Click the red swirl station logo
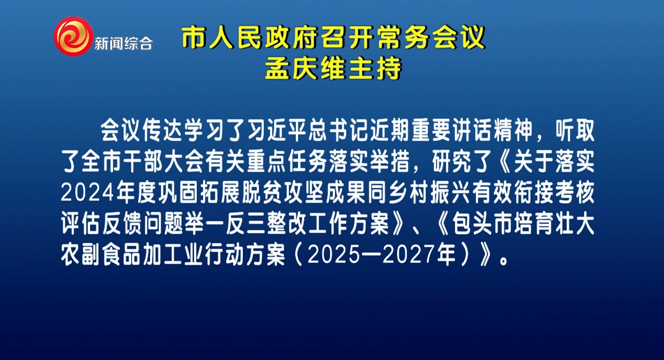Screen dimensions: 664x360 pyautogui.click(x=73, y=36)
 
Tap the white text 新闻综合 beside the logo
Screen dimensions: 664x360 pyautogui.click(x=124, y=44)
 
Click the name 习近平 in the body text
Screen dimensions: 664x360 pyautogui.click(x=278, y=130)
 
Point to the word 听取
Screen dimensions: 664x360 pyautogui.click(x=575, y=130)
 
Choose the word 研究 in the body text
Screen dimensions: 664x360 pyautogui.click(x=452, y=162)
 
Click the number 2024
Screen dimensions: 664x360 pyautogui.click(x=88, y=193)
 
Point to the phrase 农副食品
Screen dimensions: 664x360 pyautogui.click(x=102, y=254)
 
